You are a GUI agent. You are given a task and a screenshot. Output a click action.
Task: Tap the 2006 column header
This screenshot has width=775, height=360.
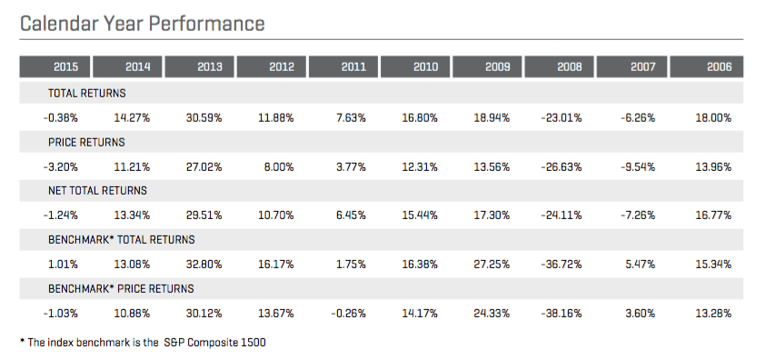[719, 66]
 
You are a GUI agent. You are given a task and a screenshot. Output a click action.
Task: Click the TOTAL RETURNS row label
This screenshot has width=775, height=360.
[87, 93]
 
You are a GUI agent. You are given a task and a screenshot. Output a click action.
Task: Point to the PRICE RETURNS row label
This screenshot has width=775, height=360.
[86, 142]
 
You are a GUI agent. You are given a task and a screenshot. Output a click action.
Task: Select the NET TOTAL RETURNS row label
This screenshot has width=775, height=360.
[97, 191]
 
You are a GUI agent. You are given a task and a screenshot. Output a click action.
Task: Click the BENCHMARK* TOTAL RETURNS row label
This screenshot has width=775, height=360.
[122, 240]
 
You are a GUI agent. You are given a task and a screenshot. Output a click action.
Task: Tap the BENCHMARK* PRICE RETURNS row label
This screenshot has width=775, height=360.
[121, 289]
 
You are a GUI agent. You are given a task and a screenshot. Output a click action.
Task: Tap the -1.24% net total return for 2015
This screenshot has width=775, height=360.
[60, 215]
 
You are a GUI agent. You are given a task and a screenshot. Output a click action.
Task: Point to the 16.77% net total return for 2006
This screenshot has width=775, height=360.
[713, 215]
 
